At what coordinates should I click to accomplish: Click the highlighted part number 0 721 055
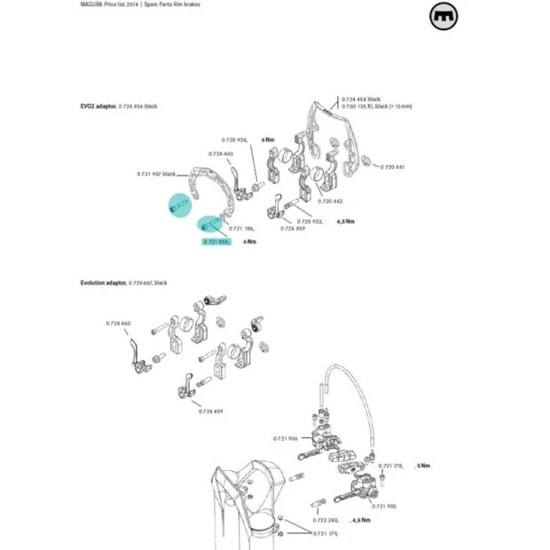(216, 241)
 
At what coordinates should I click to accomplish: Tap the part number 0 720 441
(392, 167)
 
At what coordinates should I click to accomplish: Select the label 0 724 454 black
(361, 99)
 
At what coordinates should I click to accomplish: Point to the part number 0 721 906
(285, 437)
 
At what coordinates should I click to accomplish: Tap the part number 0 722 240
(326, 520)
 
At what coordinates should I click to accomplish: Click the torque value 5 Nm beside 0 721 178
(426, 466)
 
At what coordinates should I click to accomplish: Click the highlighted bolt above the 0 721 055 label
(209, 225)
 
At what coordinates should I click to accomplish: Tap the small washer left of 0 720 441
(376, 165)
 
